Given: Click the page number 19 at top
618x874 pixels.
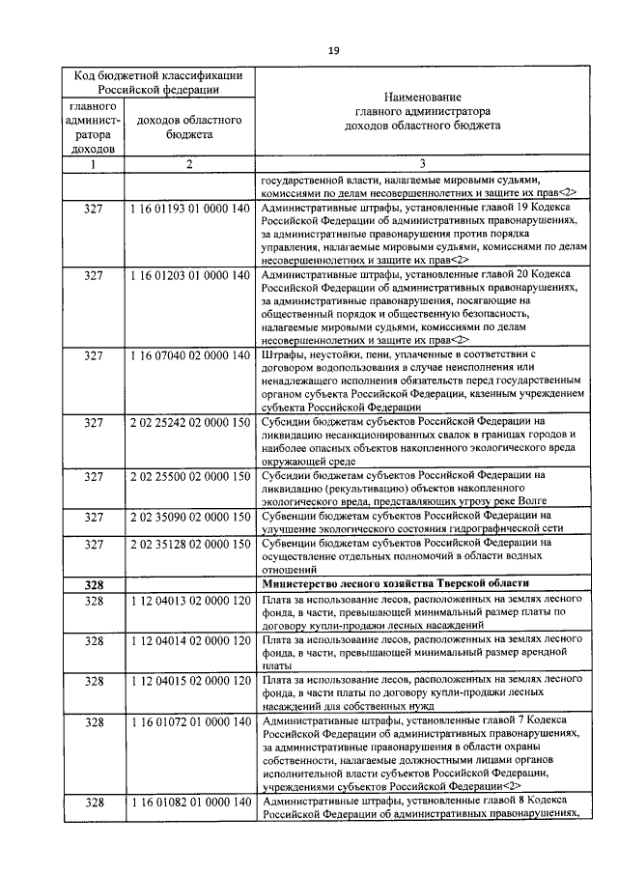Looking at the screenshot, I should click(332, 51).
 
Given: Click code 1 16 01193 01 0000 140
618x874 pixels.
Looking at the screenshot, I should click(189, 209).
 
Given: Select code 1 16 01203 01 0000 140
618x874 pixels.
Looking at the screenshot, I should click(189, 276).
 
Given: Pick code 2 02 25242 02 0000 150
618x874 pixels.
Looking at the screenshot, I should click(189, 423).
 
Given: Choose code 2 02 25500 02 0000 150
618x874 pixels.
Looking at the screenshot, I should click(189, 476).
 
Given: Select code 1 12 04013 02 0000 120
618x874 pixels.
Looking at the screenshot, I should click(189, 601).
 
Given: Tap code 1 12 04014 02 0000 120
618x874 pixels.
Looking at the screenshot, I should click(189, 641).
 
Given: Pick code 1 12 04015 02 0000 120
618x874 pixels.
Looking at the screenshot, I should click(189, 681).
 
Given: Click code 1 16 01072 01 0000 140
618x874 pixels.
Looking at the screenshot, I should click(189, 721).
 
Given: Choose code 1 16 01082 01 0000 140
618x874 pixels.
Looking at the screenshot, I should click(189, 803).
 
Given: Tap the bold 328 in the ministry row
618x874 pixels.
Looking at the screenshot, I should click(94, 585).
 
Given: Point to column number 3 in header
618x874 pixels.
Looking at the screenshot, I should click(421, 164).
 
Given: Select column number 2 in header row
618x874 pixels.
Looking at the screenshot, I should click(189, 164).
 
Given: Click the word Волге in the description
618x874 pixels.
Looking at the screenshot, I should click(532, 500).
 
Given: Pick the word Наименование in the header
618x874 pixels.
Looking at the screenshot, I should click(421, 98).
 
